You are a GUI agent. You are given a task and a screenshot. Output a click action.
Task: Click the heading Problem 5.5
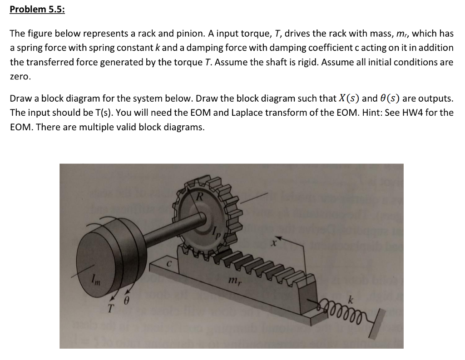pyautogui.click(x=37, y=10)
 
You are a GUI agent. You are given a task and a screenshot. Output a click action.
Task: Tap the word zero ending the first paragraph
pyautogui.click(x=20, y=77)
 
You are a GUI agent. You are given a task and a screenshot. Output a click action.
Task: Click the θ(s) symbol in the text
pyautogui.click(x=390, y=99)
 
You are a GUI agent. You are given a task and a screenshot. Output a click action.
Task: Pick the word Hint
pyautogui.click(x=373, y=113)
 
